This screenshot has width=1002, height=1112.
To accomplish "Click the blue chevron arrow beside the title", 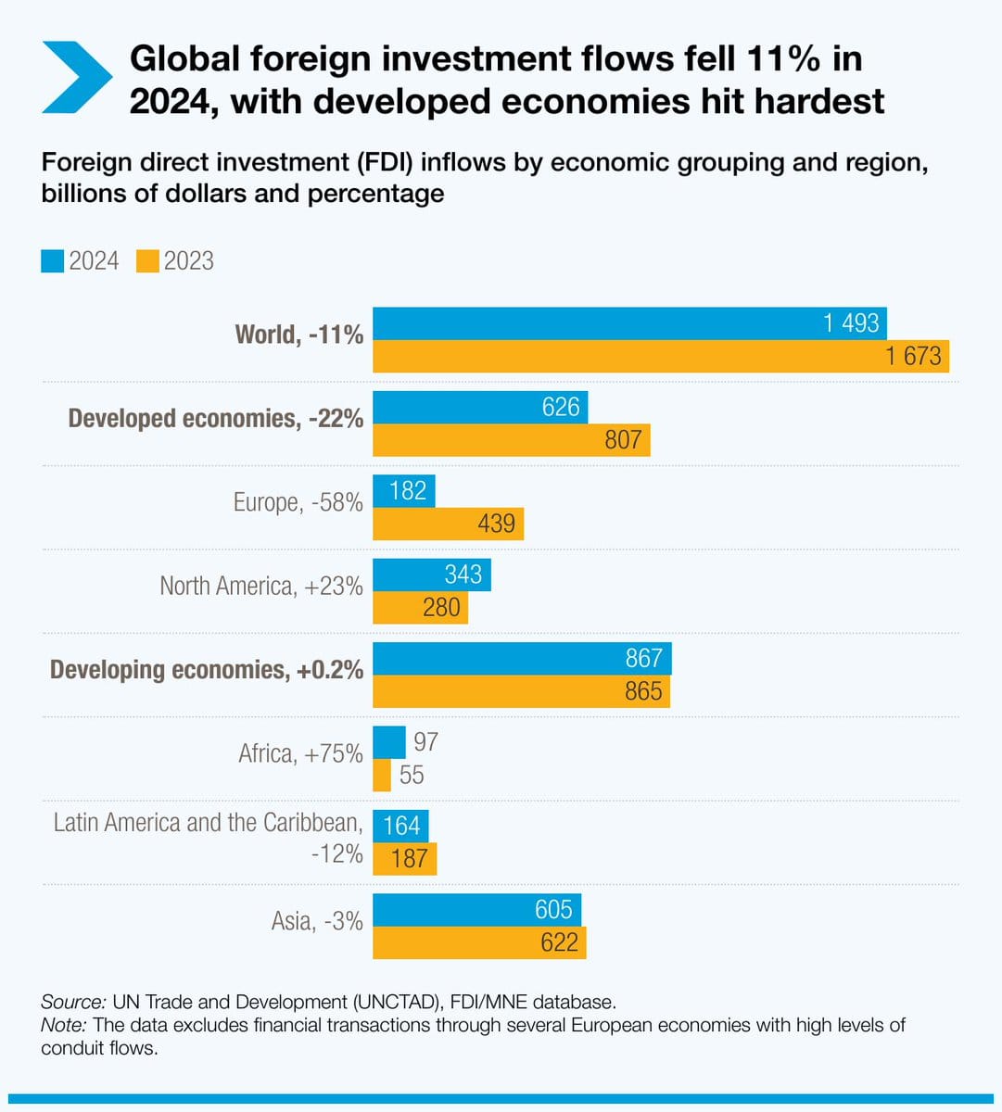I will tap(77, 78).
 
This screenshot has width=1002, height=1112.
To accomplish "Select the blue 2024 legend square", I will tap(52, 261).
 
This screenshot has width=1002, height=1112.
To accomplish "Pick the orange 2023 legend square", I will tap(147, 261).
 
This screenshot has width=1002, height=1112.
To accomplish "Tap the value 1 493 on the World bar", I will tap(851, 322).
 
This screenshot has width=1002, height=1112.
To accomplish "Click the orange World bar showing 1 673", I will tap(660, 356).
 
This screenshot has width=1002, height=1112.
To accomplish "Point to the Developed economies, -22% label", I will tap(215, 419).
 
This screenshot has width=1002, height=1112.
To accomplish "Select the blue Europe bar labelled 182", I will tap(403, 490).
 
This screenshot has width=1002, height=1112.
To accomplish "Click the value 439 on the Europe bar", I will tap(496, 524).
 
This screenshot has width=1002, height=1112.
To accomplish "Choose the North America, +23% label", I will tap(260, 586).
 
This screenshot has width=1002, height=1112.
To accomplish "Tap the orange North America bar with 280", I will tap(420, 608).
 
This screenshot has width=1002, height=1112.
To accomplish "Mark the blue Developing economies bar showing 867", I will tap(521, 658).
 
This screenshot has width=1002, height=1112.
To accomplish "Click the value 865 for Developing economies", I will tap(643, 691).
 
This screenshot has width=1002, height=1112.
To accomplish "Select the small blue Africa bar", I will tap(389, 742).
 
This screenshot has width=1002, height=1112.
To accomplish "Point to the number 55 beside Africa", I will tap(412, 775).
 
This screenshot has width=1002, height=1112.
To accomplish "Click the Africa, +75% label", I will tap(300, 753).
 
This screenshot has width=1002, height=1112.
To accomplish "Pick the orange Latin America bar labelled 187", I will tap(404, 859).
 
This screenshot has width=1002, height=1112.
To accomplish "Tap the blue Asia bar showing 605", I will tap(476, 909).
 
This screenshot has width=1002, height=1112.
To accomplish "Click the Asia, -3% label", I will tap(317, 921).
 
